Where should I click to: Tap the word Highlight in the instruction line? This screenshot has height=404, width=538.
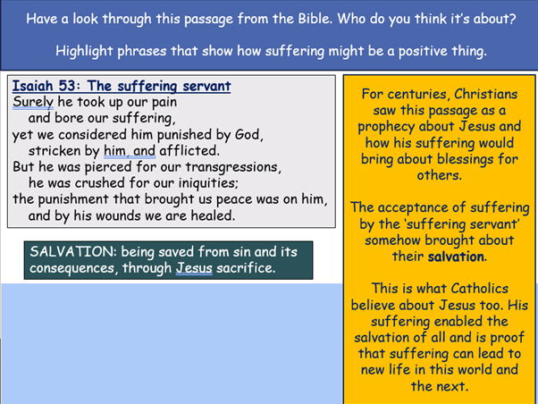pos(85,51)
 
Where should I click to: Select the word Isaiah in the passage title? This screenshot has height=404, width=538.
pos(34,87)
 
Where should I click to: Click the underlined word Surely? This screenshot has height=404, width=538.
pos(33,102)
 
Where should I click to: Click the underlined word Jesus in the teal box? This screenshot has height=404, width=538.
pos(194,267)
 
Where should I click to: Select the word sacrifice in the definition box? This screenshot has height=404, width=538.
pos(245,267)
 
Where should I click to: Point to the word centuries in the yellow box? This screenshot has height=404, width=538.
pos(419,94)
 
